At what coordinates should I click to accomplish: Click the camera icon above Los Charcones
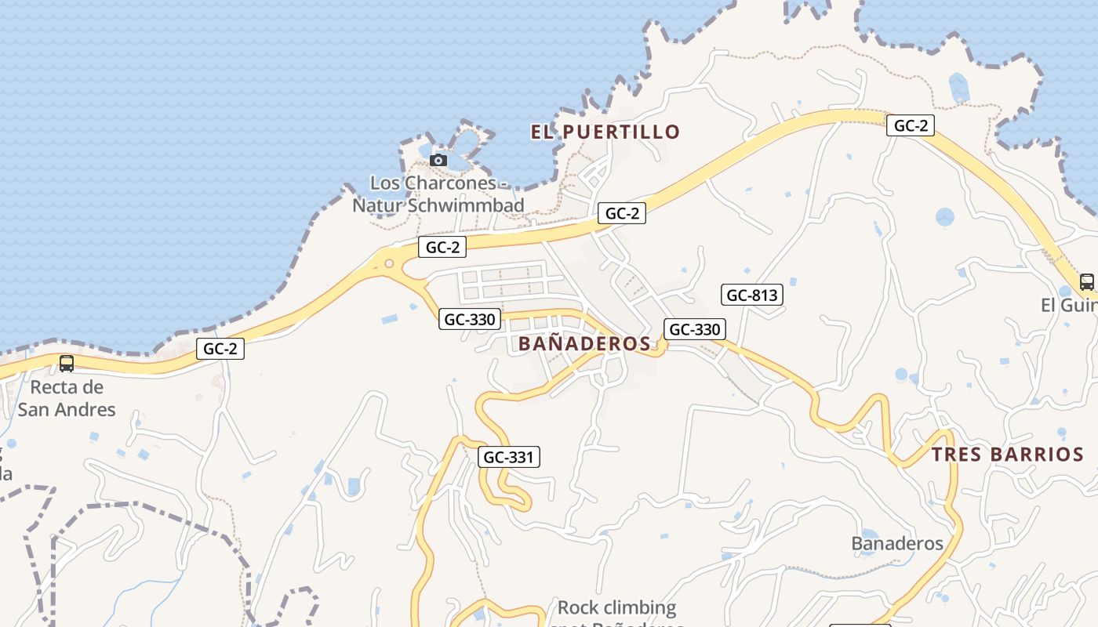[x=438, y=161]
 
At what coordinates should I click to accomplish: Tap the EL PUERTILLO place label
[x=605, y=132]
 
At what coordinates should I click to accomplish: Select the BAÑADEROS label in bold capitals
[x=584, y=343]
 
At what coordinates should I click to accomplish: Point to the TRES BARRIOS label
[x=1008, y=455]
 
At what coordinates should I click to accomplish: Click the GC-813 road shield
[x=752, y=295]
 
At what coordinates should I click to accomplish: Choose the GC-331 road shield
[x=509, y=457]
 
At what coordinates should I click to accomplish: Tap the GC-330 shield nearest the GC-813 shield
[x=694, y=329]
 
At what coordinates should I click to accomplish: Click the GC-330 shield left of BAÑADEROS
[x=470, y=319]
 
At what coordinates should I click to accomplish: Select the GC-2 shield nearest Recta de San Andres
[x=220, y=349]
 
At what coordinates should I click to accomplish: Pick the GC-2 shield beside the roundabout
[x=442, y=247]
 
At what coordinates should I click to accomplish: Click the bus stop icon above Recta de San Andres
[x=67, y=364]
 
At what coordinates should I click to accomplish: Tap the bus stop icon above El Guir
[x=1086, y=282]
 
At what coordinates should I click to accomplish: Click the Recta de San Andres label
[x=67, y=398]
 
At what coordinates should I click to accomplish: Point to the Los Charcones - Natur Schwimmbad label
[x=438, y=194]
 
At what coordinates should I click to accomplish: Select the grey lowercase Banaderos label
[x=896, y=543]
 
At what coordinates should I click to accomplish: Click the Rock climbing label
[x=616, y=607]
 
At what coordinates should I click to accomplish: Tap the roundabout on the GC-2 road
[x=388, y=263]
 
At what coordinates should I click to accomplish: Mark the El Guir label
[x=1068, y=305]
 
